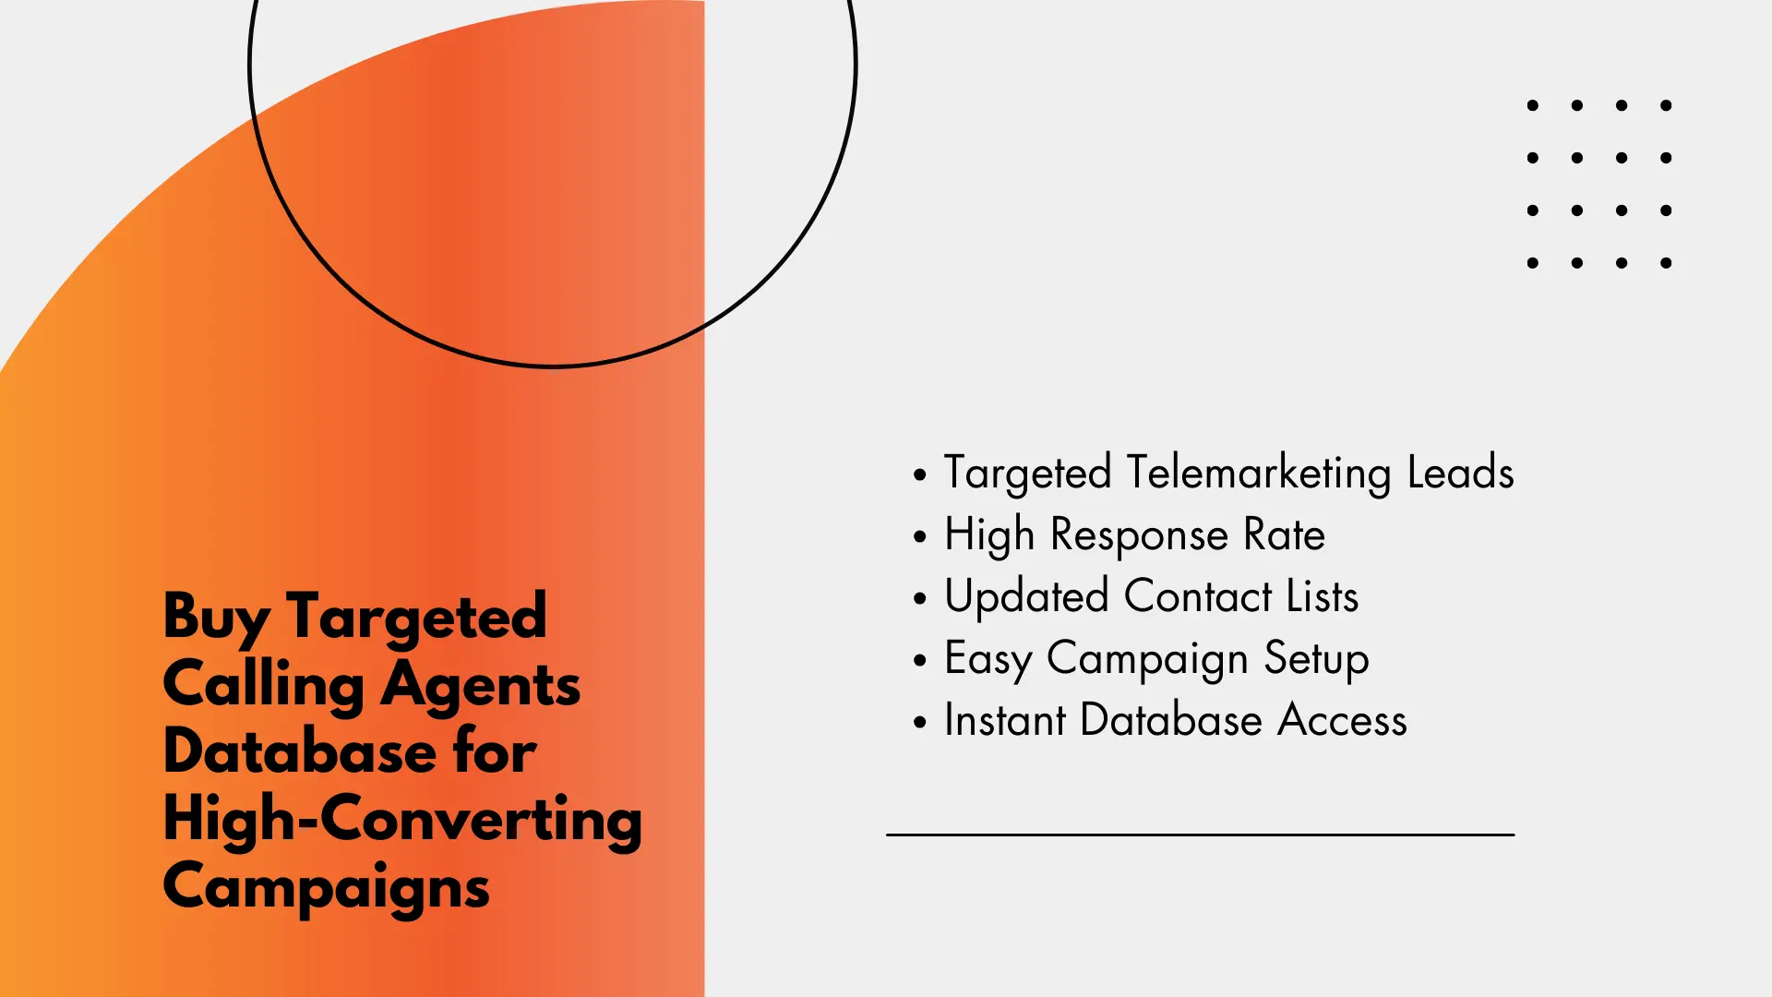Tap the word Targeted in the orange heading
[x=416, y=618]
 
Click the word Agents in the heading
[x=481, y=686]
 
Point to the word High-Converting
[x=402, y=820]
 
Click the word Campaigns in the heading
[x=327, y=887]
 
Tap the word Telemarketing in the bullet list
[x=1259, y=474]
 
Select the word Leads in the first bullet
[x=1460, y=472]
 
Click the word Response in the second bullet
[x=1139, y=536]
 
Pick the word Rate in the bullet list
[x=1284, y=535]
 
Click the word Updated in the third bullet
[x=1026, y=597]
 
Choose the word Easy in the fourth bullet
[x=988, y=660]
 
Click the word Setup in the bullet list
[x=1316, y=660]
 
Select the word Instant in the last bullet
[x=1005, y=720]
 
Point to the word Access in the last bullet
[x=1342, y=720]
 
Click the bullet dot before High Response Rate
[x=919, y=536]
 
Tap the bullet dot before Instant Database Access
[x=919, y=722]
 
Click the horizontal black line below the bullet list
[x=1200, y=835]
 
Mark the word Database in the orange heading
[x=300, y=751]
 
